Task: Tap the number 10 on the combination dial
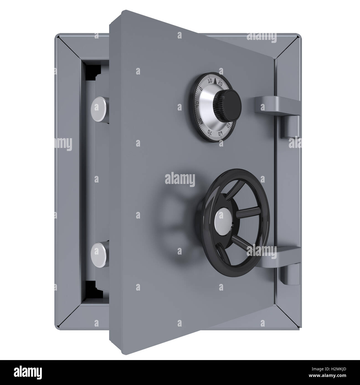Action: click(x=210, y=81)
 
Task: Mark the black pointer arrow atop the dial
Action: click(x=215, y=81)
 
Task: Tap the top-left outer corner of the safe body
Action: click(x=56, y=35)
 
